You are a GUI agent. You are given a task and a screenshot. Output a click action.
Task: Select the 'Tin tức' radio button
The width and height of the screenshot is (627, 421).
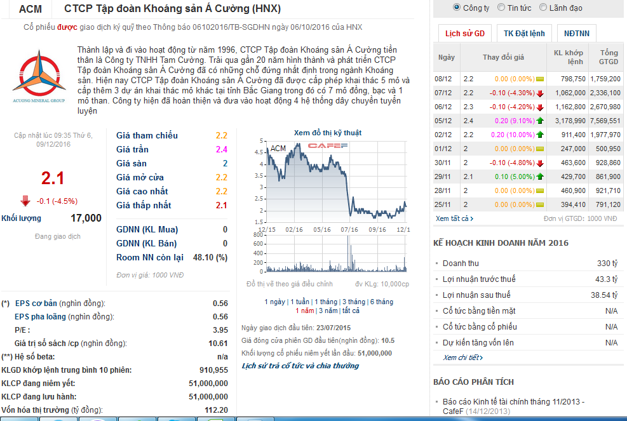click(x=502, y=8)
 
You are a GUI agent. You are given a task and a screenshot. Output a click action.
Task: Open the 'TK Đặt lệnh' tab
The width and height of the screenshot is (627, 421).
click(x=524, y=34)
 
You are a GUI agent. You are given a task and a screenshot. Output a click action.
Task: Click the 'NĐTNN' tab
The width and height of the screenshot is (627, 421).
click(x=576, y=34)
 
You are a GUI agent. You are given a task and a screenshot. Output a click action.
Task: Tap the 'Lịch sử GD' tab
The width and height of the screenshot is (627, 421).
click(x=464, y=34)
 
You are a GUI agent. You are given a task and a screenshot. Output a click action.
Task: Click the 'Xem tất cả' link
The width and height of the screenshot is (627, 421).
click(x=454, y=218)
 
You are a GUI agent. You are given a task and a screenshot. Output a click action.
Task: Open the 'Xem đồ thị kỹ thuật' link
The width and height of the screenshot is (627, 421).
click(x=327, y=133)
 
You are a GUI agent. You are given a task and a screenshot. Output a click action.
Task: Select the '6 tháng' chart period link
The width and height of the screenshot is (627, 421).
click(x=381, y=302)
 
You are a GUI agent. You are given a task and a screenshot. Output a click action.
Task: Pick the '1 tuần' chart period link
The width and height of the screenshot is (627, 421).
click(x=298, y=302)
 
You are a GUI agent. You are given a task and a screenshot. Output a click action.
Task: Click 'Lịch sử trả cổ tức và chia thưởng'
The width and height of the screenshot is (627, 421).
click(x=300, y=366)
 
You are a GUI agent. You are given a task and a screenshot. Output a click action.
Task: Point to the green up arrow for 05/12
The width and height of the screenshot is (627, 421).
click(x=540, y=121)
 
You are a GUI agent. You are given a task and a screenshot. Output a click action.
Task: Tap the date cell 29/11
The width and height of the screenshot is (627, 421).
click(x=442, y=177)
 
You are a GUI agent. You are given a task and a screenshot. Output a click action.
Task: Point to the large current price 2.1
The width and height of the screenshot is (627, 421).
click(x=53, y=178)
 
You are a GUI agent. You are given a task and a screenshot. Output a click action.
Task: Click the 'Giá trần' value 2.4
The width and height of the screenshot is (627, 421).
click(x=221, y=149)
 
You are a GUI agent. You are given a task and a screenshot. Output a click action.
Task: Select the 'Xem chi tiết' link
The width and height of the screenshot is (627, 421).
click(x=462, y=358)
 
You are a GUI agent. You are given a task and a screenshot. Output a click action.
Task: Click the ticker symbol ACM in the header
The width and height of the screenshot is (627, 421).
click(x=30, y=9)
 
